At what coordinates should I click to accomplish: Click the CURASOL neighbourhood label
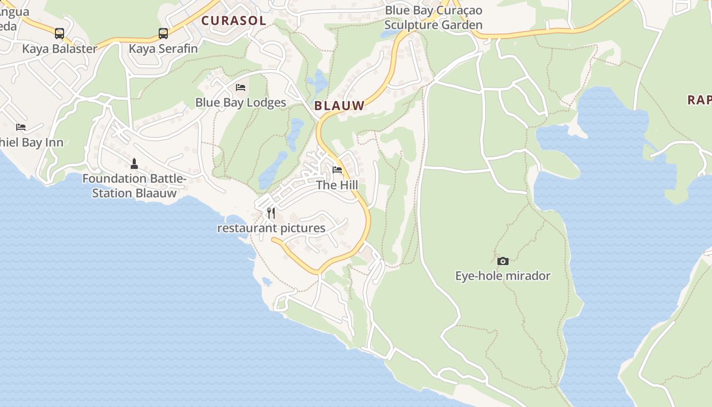pyautogui.click(x=234, y=21)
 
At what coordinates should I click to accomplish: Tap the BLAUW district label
pyautogui.click(x=339, y=106)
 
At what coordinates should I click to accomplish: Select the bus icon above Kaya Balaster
pyautogui.click(x=60, y=34)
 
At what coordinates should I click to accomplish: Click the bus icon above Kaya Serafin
pyautogui.click(x=163, y=34)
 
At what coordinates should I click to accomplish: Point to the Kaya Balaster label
pyautogui.click(x=60, y=49)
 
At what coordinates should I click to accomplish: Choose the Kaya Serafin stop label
pyautogui.click(x=163, y=49)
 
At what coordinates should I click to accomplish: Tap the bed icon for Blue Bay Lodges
pyautogui.click(x=241, y=88)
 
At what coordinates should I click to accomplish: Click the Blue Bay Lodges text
pyautogui.click(x=241, y=103)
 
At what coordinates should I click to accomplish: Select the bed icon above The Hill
pyautogui.click(x=337, y=170)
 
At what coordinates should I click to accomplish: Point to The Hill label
pyautogui.click(x=337, y=185)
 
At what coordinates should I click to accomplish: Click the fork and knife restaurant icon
pyautogui.click(x=271, y=213)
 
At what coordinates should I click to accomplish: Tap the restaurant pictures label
pyautogui.click(x=271, y=228)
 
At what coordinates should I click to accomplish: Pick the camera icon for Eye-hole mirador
pyautogui.click(x=502, y=261)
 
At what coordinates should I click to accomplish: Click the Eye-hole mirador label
pyautogui.click(x=502, y=276)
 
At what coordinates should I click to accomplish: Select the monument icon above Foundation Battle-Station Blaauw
pyautogui.click(x=134, y=163)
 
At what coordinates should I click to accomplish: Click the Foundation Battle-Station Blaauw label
pyautogui.click(x=134, y=186)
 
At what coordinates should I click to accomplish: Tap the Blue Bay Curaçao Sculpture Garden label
pyautogui.click(x=433, y=17)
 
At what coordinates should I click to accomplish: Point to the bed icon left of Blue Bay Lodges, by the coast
pyautogui.click(x=21, y=127)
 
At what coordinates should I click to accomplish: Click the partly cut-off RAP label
pyautogui.click(x=699, y=100)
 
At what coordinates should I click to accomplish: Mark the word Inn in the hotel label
pyautogui.click(x=54, y=142)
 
